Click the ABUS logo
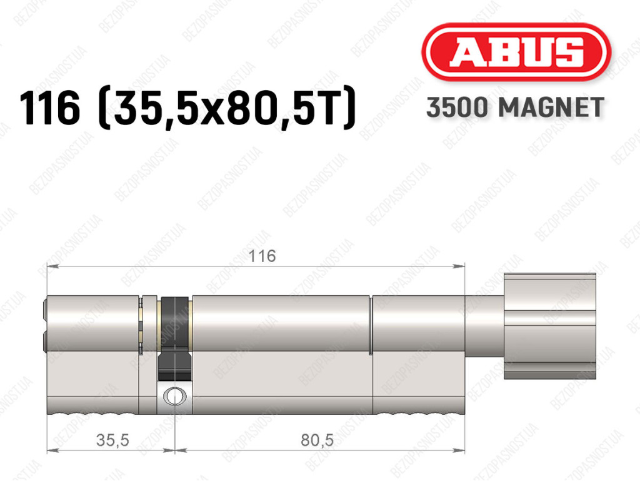point(516,52)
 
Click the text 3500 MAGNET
point(515,108)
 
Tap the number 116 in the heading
point(50,109)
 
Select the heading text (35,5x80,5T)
point(227,109)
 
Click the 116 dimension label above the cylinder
point(262,256)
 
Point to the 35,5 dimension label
point(112,440)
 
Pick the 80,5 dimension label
point(317,440)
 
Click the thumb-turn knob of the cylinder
point(550,326)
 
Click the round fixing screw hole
point(175,396)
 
